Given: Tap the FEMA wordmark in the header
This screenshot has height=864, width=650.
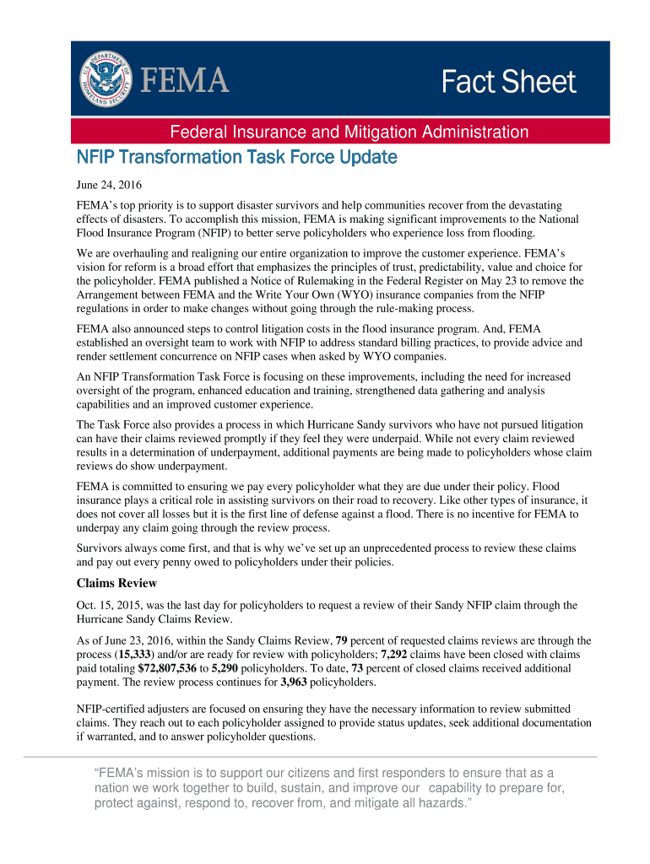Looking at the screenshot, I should pos(183,82).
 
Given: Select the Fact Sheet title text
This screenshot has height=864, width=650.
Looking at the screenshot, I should pos(509,83).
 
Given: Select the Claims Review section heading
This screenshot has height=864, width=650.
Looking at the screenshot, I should pos(116,583).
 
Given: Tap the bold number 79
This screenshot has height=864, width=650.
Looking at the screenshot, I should pos(343,640).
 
